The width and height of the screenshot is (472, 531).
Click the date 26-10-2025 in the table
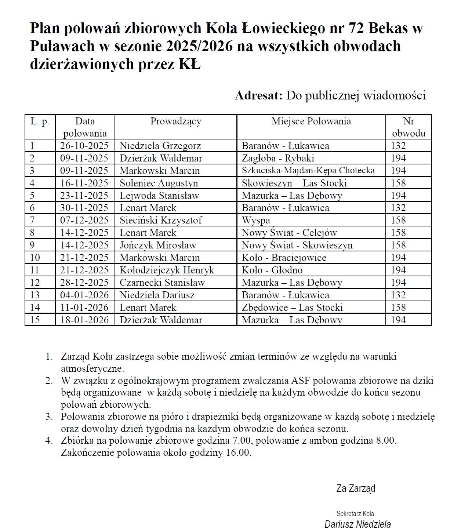point(84,146)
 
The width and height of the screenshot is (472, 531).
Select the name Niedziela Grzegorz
point(160,146)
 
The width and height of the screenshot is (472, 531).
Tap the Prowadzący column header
point(176,121)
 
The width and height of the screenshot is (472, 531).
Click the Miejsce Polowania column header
point(311,121)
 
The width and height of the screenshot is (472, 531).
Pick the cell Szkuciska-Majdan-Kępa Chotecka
point(308,170)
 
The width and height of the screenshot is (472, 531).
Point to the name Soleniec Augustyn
point(159,183)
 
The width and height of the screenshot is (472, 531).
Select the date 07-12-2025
point(84,220)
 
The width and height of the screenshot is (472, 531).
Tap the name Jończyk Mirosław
point(158,245)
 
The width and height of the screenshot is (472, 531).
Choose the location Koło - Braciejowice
point(284,258)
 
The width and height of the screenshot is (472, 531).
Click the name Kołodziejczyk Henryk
point(167,270)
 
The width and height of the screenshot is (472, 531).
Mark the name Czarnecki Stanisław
point(162,283)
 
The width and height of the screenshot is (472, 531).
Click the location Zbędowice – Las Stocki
point(292,308)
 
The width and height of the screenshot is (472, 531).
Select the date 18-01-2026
point(84,320)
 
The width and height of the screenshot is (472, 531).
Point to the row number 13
point(35,295)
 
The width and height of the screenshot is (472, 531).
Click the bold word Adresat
point(258,95)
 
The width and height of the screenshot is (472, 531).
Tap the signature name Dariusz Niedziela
point(357,524)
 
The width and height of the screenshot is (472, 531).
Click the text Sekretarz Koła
point(355,513)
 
